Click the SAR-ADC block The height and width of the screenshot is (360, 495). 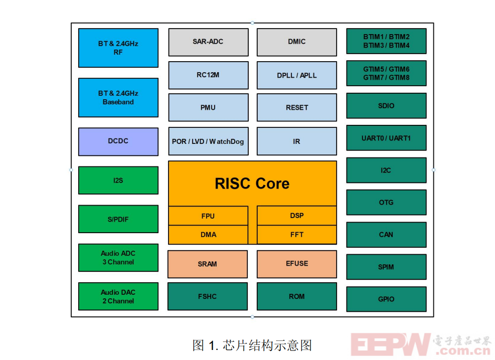[x=208, y=42]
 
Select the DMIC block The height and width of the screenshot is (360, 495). [x=296, y=42]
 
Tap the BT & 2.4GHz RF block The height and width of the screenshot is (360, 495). [x=118, y=48]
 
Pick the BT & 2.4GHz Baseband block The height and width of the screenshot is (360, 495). [x=118, y=97]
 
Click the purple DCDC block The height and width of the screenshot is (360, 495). [x=118, y=141]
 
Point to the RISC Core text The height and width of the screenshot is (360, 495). [x=252, y=184]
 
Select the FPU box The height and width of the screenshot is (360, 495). [x=208, y=216]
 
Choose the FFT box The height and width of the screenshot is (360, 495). [x=296, y=234]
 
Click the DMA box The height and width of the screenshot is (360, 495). [x=208, y=234]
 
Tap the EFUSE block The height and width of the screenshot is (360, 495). [x=296, y=264]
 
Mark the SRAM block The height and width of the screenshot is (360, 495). [x=208, y=264]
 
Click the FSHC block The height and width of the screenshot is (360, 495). [x=208, y=296]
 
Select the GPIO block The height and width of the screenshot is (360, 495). [x=386, y=299]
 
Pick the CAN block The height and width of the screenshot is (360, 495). [x=386, y=235]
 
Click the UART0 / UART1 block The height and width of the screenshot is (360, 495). [x=386, y=138]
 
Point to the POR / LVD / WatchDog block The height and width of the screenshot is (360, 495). [x=208, y=141]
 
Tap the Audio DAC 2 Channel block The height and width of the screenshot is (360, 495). [x=118, y=296]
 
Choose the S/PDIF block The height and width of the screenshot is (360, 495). [x=118, y=219]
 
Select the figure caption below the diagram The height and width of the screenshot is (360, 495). [x=252, y=345]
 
